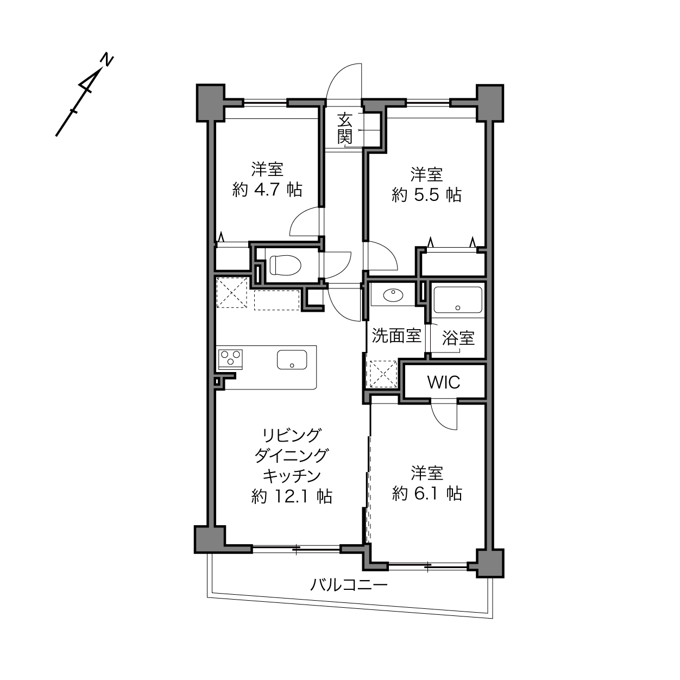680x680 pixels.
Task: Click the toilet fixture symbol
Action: click(285, 265)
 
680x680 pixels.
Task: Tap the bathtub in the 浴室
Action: click(458, 300)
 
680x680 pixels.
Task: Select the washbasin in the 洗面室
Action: click(393, 295)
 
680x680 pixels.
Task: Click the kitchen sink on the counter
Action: click(292, 360)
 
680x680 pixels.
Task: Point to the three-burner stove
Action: click(230, 358)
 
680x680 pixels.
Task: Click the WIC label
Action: click(444, 382)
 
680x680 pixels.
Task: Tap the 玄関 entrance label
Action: click(345, 129)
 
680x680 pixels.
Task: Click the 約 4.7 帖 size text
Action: click(267, 191)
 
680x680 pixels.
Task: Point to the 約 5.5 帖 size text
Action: click(427, 195)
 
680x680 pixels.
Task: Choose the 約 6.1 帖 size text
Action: click(427, 494)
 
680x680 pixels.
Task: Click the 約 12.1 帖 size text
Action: click(292, 497)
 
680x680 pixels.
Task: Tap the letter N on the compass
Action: click(107, 60)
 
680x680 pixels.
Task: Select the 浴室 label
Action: click(458, 338)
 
